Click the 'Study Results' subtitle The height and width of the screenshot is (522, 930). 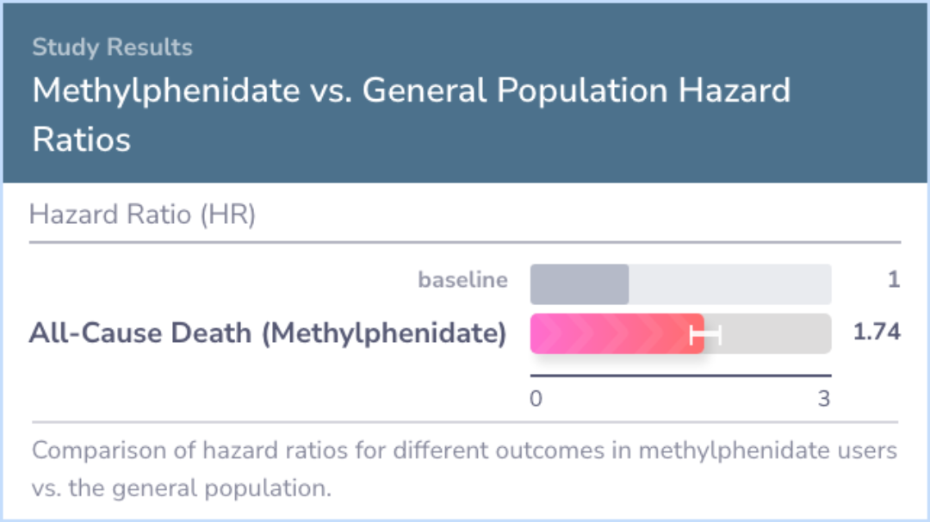[112, 47]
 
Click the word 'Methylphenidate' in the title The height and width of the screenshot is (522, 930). [166, 91]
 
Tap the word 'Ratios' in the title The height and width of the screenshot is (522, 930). [81, 140]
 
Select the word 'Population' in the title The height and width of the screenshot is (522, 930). [582, 91]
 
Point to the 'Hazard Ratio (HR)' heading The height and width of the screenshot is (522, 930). [142, 214]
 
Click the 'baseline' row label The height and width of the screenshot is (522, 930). [462, 279]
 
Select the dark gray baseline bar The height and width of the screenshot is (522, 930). [580, 284]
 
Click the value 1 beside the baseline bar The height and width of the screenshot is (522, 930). [894, 279]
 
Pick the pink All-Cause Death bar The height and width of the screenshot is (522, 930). [617, 334]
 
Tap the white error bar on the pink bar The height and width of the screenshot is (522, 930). [705, 334]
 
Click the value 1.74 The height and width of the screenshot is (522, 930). [877, 332]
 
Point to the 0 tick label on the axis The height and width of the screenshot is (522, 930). [536, 399]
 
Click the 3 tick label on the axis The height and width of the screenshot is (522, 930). [824, 399]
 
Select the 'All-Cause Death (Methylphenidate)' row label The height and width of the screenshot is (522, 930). [268, 333]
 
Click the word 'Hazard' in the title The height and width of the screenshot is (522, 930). [735, 90]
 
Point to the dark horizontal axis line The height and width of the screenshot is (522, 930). [681, 376]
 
